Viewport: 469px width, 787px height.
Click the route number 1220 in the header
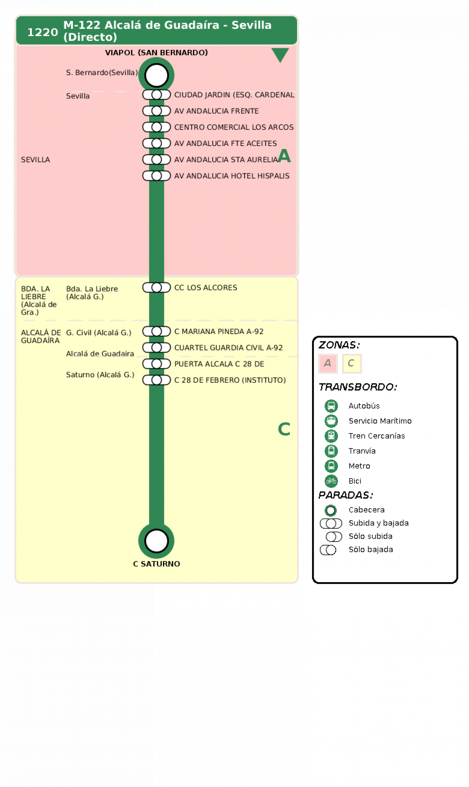coord(43,32)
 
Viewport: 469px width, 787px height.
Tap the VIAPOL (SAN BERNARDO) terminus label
coord(156,53)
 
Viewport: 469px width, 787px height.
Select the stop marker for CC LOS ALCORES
coord(157,287)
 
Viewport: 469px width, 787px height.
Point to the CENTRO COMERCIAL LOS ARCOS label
coord(234,127)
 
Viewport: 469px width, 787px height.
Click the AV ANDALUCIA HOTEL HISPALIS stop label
coord(232,176)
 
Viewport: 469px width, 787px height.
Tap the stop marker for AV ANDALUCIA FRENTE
coord(157,111)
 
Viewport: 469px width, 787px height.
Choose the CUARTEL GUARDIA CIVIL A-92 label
coord(228,347)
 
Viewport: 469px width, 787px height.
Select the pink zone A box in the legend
coord(328,363)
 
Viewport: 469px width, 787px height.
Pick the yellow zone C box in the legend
coord(352,363)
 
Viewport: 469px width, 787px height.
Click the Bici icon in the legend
coord(331,481)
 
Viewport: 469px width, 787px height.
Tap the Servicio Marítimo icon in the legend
coord(331,421)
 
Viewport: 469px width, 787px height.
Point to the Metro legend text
coord(359,466)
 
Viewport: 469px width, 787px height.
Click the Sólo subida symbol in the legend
coord(334,537)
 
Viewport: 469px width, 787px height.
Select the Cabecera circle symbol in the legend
coord(331,510)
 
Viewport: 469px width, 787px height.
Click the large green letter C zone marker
coord(284,429)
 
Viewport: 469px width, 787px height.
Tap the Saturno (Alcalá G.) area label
coord(100,375)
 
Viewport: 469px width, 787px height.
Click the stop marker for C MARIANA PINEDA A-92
coord(157,331)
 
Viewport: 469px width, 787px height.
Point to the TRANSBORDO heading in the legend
coord(358,387)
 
